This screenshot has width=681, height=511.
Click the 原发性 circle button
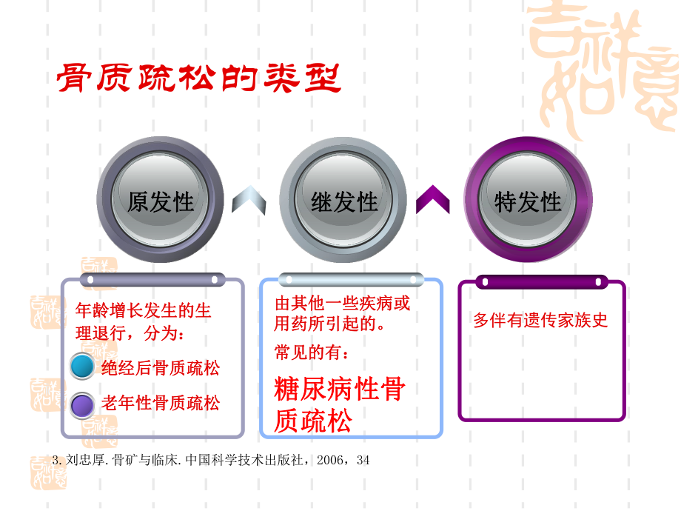[x=161, y=201]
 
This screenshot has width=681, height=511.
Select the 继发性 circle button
[x=344, y=201]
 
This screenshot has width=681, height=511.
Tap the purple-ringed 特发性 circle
[x=528, y=201]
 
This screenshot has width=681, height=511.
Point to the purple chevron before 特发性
[x=433, y=200]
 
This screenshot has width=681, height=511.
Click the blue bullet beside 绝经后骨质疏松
[x=82, y=367]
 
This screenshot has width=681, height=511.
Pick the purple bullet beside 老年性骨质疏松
[x=82, y=404]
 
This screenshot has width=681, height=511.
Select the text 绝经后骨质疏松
[x=161, y=367]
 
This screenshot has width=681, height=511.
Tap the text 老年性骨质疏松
[x=161, y=404]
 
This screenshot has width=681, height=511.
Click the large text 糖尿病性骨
[x=340, y=390]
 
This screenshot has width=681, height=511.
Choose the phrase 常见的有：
[x=311, y=353]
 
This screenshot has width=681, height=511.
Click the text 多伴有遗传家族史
[x=540, y=321]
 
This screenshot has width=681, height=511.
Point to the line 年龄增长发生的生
[x=144, y=310]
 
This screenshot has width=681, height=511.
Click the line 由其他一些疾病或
[x=342, y=303]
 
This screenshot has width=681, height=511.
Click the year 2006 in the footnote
[x=330, y=461]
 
